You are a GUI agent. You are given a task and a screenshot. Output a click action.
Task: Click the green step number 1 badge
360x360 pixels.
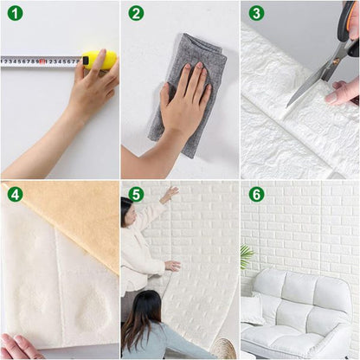point(15,13)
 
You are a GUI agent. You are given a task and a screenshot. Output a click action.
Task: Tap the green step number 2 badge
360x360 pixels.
point(136,13)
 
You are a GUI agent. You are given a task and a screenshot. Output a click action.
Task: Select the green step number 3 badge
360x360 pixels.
point(256,13)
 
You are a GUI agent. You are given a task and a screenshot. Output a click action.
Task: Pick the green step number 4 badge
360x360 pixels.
point(15,194)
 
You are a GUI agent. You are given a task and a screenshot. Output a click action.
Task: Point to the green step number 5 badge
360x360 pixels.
point(136,194)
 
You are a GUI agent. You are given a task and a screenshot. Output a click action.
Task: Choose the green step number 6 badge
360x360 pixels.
point(256,194)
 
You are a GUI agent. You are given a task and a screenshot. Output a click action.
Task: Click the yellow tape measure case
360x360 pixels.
point(100,61)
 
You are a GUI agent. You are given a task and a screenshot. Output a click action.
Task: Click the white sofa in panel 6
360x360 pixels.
point(299,312)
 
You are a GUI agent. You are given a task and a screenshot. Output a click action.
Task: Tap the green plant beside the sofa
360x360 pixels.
point(247,257)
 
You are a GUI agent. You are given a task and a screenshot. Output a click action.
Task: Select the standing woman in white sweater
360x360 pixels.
point(138,251)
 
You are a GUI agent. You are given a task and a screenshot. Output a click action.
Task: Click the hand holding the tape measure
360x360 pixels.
point(91,87)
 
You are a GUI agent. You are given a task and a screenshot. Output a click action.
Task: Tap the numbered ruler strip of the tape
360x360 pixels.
point(39,61)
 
